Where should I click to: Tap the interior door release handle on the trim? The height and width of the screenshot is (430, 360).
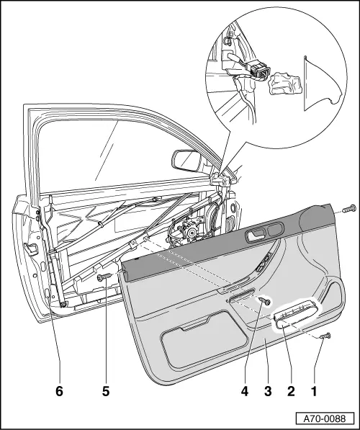tap(256, 236)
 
